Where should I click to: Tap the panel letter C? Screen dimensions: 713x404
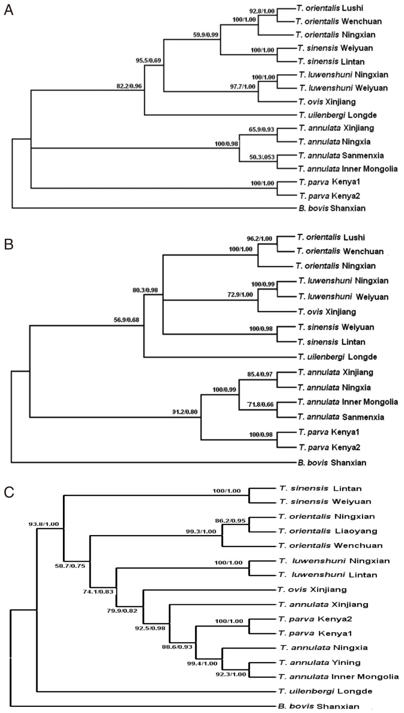pyautogui.click(x=8, y=492)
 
